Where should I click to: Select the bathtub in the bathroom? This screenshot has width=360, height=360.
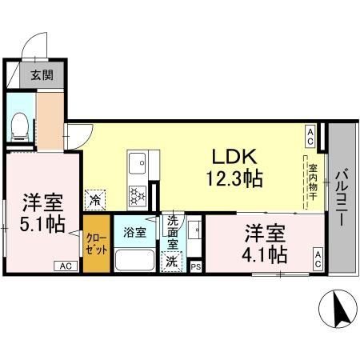click(136, 260)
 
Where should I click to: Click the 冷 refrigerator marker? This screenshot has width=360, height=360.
click(96, 199)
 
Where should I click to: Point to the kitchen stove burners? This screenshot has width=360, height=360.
click(137, 194)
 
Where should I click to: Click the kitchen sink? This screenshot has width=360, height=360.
click(137, 163)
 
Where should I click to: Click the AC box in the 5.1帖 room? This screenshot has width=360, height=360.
click(66, 266)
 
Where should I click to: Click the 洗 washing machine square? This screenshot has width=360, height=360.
click(171, 261)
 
